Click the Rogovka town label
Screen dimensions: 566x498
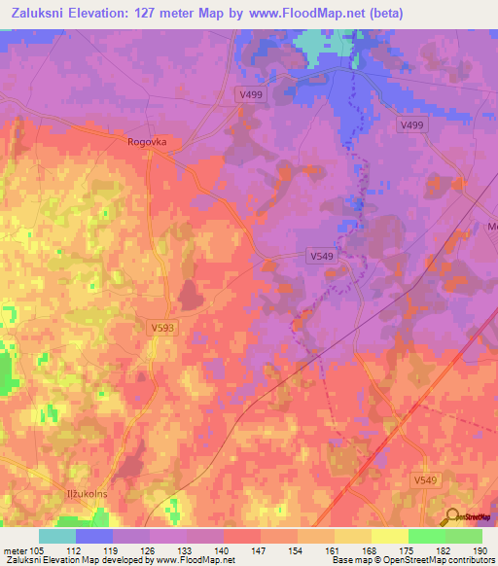coord(147,141)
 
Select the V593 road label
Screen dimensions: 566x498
coord(162,329)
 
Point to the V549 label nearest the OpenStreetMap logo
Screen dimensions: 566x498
coord(424,480)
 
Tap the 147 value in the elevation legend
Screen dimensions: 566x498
coord(261,549)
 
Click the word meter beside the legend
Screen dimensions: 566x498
coord(14,549)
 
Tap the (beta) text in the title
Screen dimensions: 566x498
coord(380,14)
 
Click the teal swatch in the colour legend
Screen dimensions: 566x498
coord(57,536)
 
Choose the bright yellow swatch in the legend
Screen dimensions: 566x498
coord(390,536)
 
